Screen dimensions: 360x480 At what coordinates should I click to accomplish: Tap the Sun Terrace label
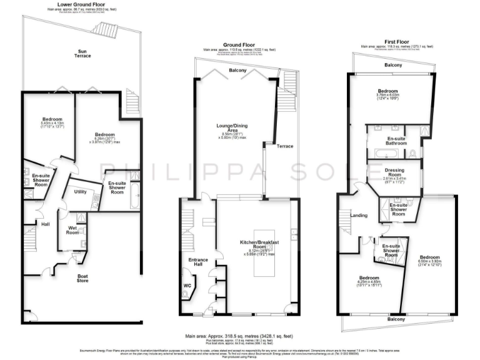pos(84,53)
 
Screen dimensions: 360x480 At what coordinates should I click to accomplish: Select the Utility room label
pos(79,191)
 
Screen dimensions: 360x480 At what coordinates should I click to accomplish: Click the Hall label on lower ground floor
pos(45,224)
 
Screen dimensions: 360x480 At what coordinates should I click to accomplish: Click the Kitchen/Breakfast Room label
pos(258,244)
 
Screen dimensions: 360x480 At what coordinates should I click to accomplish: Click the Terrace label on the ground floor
pos(285,146)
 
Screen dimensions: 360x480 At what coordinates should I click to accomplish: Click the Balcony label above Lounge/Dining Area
pos(237,71)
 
